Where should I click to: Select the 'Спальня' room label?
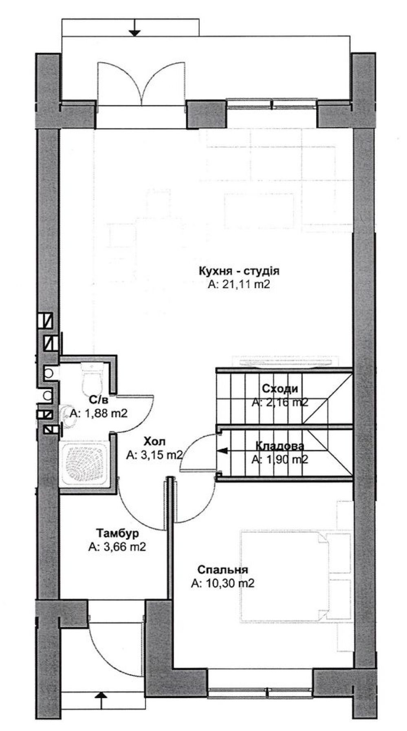tap(223, 569)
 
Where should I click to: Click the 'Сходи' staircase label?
tap(280, 388)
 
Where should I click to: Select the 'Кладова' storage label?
tap(279, 446)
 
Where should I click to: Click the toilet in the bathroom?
tap(92, 377)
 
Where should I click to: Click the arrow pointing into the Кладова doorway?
tap(224, 450)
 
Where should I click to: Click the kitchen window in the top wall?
tap(271, 104)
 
